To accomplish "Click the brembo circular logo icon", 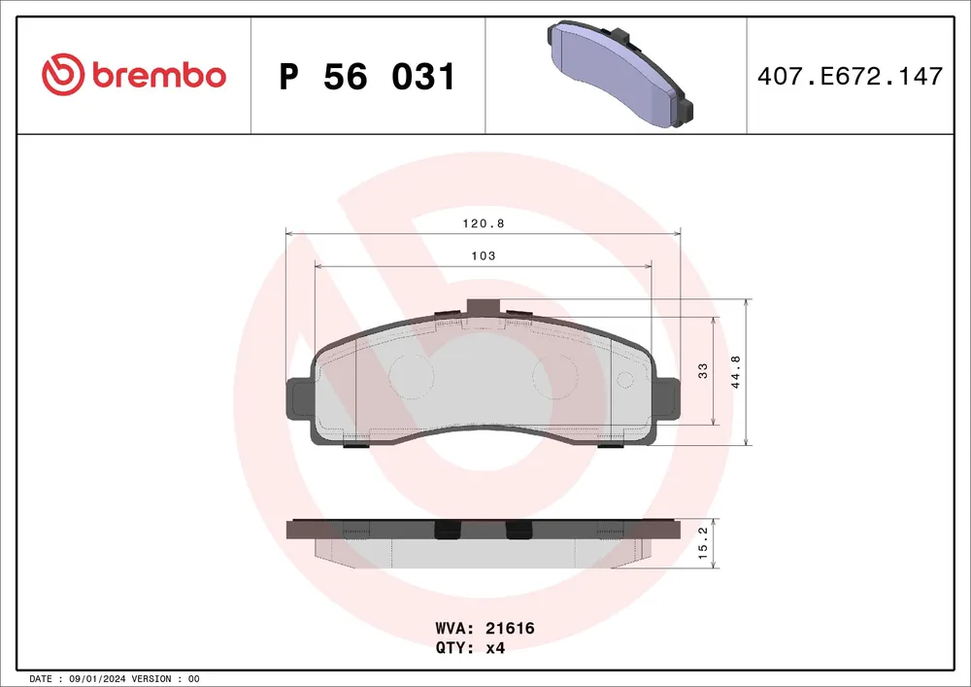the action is tap(62, 75).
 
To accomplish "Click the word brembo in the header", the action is tap(159, 75).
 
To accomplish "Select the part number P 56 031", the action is tap(367, 77).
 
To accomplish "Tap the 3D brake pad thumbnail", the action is tap(619, 75).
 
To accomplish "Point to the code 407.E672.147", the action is tap(850, 76).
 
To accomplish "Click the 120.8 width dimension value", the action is tap(484, 223).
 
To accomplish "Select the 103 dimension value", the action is tap(483, 256).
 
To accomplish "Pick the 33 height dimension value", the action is tap(702, 371).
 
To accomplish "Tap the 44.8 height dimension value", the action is tap(736, 372).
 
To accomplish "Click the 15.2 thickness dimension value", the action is tap(703, 544).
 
